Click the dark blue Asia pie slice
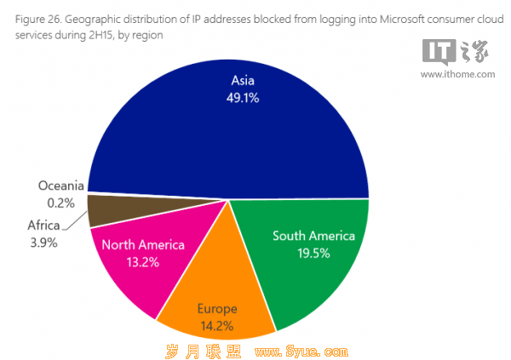[228, 137]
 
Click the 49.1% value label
[243, 98]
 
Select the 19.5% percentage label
[313, 254]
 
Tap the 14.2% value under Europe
[216, 326]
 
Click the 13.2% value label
[143, 262]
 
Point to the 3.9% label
[43, 243]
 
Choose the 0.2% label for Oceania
[61, 203]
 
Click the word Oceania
[61, 186]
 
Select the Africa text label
[43, 226]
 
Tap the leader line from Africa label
[75, 221]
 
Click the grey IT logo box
[439, 52]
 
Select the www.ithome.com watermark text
[457, 75]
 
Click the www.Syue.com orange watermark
[301, 351]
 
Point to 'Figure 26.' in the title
[38, 20]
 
